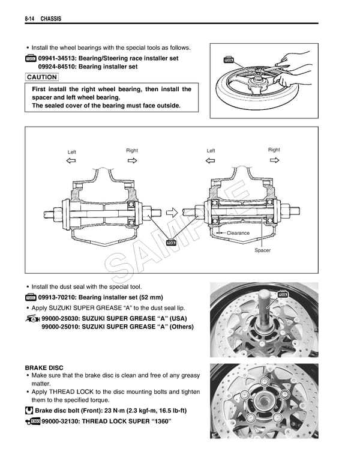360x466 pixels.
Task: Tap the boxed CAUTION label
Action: pos(42,77)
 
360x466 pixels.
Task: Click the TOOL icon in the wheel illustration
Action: pos(228,61)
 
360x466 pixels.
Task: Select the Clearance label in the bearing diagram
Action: pos(238,232)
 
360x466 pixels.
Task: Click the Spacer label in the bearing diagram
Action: pos(262,250)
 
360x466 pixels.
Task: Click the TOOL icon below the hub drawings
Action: pos(171,242)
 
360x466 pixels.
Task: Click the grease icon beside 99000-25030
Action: pos(32,318)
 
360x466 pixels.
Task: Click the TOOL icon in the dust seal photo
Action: pos(283,294)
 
